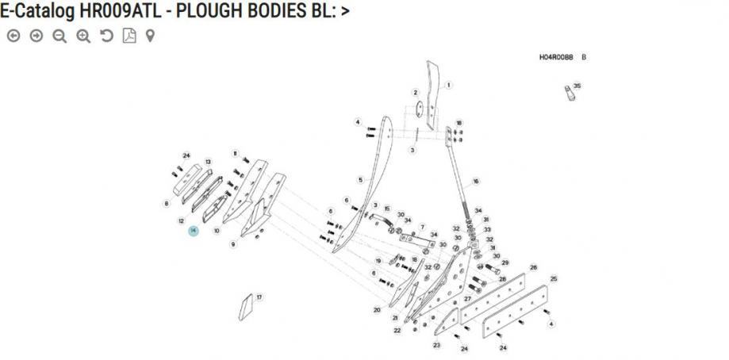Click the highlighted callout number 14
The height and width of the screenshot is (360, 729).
click(x=193, y=230)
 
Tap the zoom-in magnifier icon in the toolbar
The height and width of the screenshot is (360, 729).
click(x=83, y=36)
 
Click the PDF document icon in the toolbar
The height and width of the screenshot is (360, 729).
click(x=129, y=36)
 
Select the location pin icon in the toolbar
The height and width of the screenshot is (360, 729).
click(x=150, y=36)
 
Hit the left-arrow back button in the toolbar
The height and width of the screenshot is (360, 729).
click(x=13, y=36)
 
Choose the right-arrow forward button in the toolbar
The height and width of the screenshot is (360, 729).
click(x=36, y=36)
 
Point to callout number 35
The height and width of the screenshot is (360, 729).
click(x=577, y=86)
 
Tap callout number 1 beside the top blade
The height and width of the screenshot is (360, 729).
click(x=448, y=85)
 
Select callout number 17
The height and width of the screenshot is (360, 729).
click(x=259, y=297)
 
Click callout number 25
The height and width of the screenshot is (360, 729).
click(x=554, y=278)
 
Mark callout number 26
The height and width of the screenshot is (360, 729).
click(x=533, y=268)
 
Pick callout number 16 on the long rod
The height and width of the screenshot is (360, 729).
click(x=475, y=182)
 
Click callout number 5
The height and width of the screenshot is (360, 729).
click(x=360, y=180)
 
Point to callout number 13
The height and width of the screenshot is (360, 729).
click(x=208, y=162)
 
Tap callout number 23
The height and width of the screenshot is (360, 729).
click(x=436, y=345)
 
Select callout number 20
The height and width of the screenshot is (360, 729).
click(x=377, y=310)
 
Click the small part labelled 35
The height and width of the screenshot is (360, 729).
click(x=569, y=96)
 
